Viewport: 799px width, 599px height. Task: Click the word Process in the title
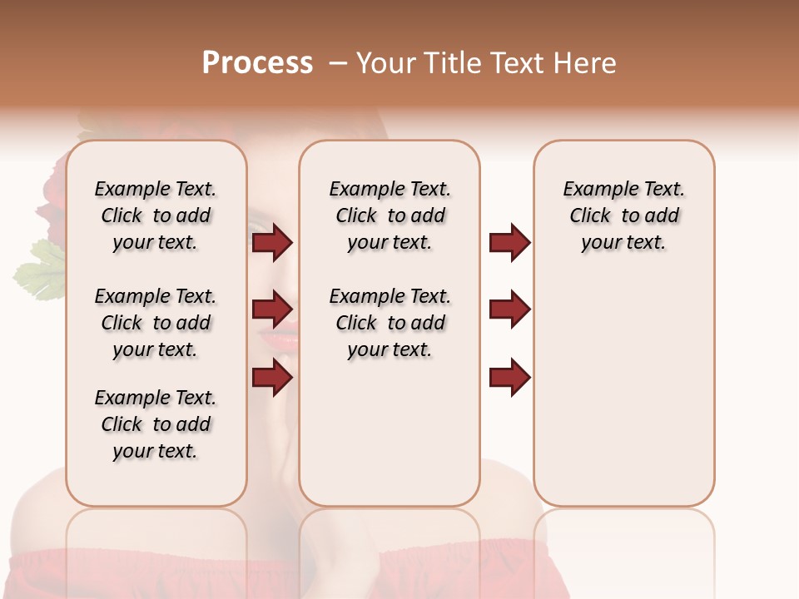[257, 63]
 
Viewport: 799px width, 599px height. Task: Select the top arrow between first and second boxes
[272, 243]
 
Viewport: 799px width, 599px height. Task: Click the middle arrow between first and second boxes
[272, 309]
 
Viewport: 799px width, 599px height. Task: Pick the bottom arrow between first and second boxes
[272, 378]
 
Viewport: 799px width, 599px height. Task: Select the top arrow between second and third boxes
[509, 243]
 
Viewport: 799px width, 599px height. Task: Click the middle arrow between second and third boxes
[509, 309]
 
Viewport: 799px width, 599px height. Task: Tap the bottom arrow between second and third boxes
[509, 378]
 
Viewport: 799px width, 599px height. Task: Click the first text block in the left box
[156, 215]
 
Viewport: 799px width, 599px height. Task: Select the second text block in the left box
[156, 323]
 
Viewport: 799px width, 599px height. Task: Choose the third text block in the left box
[156, 424]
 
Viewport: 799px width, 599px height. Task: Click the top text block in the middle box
[390, 215]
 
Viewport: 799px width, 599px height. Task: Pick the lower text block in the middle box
[390, 323]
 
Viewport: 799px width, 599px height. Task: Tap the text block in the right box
[623, 215]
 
